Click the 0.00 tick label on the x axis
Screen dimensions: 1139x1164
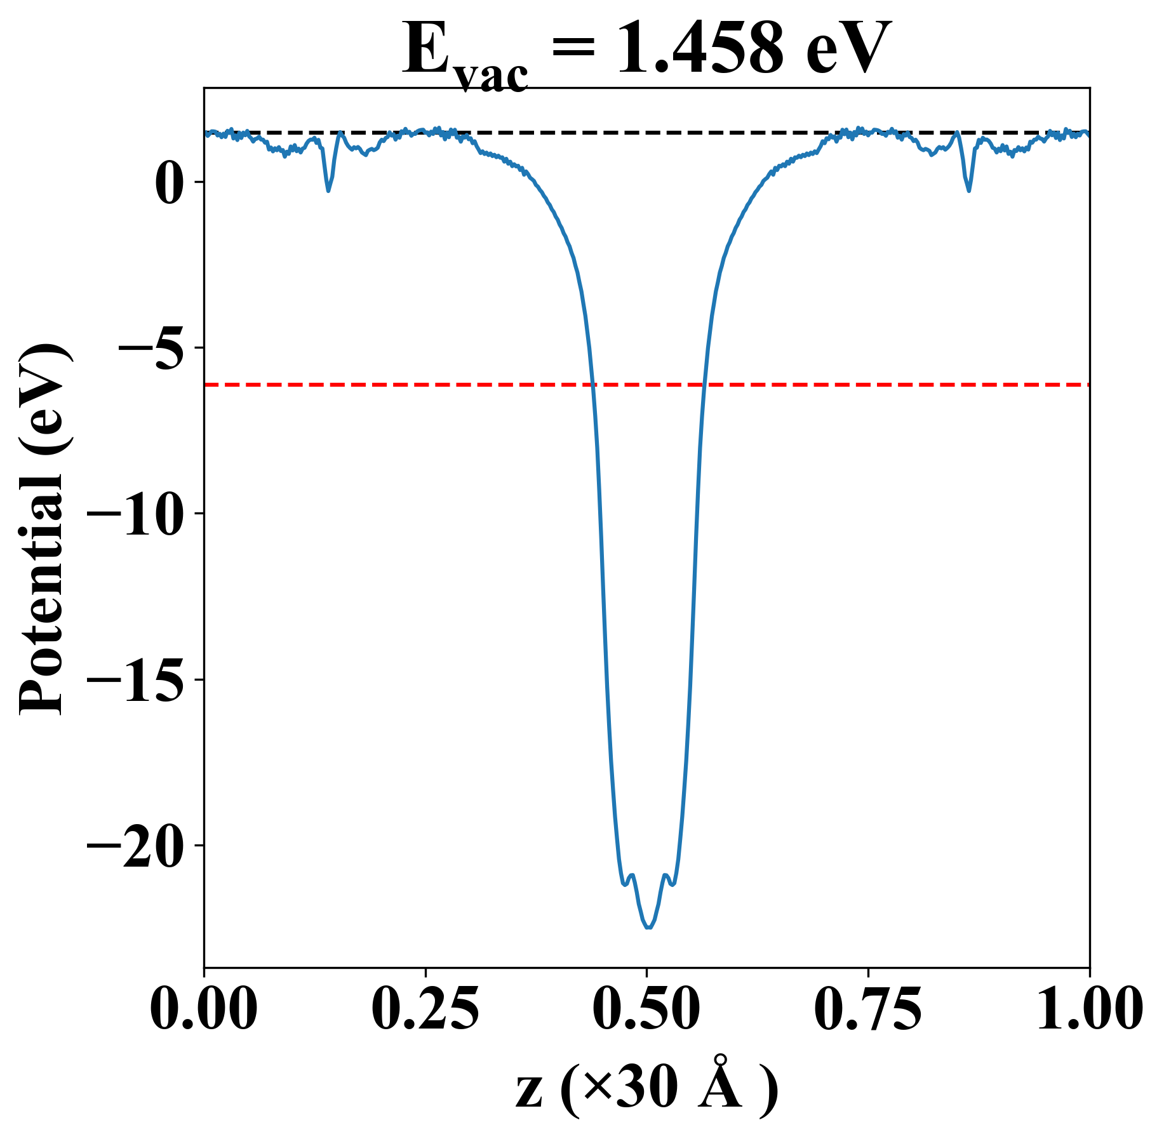click(x=204, y=1009)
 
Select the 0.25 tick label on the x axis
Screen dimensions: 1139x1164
click(x=425, y=1009)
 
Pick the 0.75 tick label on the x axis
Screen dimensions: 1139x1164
click(x=867, y=1009)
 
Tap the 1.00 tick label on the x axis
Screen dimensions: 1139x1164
click(x=1088, y=1009)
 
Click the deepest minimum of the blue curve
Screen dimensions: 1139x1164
click(x=648, y=927)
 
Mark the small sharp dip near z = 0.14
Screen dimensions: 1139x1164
click(x=328, y=190)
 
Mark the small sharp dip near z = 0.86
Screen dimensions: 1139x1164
click(x=968, y=190)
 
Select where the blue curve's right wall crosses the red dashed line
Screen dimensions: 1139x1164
click(x=704, y=385)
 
